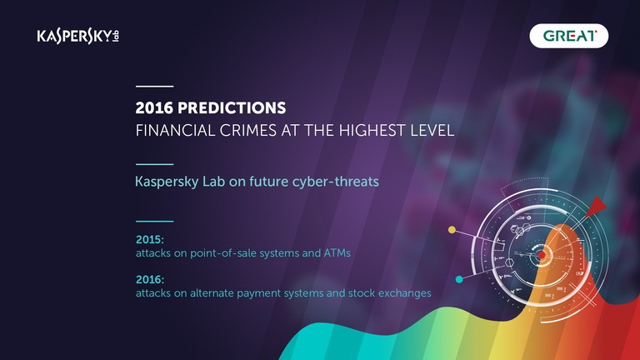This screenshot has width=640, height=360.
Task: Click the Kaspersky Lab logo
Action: (78, 37)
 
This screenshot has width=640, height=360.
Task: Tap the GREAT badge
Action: (568, 36)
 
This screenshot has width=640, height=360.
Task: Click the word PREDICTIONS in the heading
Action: (232, 108)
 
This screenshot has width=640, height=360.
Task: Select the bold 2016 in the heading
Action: (154, 108)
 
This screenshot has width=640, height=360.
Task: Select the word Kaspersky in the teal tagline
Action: (167, 182)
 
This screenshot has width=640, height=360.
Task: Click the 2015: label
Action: (150, 240)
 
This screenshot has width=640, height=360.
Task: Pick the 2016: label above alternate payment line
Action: (150, 280)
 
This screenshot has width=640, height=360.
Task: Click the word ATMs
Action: (337, 253)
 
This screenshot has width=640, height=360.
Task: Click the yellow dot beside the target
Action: (452, 230)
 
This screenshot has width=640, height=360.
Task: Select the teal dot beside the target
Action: (459, 280)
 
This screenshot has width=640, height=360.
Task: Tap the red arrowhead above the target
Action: (596, 206)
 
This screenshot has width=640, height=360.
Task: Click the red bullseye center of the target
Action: (541, 255)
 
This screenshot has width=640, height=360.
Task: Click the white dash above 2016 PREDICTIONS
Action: (155, 87)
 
